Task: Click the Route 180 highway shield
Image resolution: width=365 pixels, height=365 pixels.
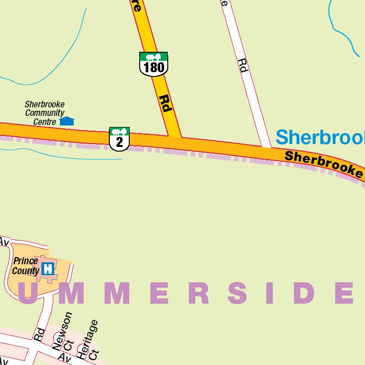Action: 154,64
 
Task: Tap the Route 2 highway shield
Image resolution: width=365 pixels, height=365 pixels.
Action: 119,139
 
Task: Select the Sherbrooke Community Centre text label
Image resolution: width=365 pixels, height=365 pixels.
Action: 44,113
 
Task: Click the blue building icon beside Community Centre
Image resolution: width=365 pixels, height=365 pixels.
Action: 67,121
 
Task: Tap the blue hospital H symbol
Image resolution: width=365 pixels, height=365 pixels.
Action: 48,269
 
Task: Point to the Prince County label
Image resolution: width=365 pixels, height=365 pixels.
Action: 26,266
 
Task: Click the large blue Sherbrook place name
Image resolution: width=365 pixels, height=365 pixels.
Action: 320,137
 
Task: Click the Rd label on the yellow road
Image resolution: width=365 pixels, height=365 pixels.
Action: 165,104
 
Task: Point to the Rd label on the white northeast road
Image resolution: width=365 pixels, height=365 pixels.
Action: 243,65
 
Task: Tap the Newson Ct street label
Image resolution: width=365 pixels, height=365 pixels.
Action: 66,332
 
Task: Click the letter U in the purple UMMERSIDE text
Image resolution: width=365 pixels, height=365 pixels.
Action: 28,293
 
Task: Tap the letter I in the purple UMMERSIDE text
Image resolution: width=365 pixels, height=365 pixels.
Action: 271,293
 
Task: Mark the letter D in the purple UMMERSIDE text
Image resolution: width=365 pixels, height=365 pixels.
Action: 304,293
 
